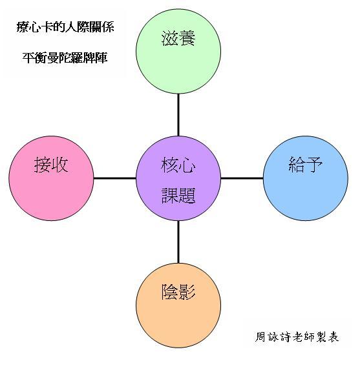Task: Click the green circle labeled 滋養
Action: tap(178, 51)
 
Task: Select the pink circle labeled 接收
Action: tap(51, 178)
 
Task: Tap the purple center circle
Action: tap(178, 178)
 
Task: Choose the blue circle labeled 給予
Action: tap(306, 178)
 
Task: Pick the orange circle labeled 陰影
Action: tap(178, 306)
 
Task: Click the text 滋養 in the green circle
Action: tap(178, 38)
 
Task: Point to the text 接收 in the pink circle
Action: tap(51, 164)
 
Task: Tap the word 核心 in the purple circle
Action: tap(178, 165)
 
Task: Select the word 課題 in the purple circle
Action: tap(178, 196)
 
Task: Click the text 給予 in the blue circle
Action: tap(306, 164)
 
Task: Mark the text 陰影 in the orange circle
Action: tap(178, 292)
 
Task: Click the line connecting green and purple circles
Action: tap(178, 115)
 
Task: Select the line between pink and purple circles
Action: tap(115, 178)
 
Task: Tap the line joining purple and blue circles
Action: tap(242, 178)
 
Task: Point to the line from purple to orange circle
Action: tap(178, 242)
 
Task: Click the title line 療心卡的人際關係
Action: tap(65, 27)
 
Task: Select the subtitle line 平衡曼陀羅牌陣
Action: tap(65, 57)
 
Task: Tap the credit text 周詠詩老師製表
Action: tap(297, 337)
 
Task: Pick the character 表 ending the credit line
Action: tap(334, 337)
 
